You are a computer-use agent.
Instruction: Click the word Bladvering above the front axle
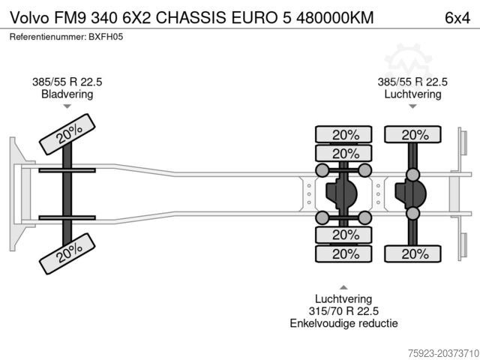pos(67,94)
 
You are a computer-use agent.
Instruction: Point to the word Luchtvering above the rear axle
pos(412,94)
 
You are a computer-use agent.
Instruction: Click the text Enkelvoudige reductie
pos(343,323)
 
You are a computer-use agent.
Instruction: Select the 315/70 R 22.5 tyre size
pos(343,311)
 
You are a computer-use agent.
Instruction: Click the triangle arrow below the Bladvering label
pos(67,107)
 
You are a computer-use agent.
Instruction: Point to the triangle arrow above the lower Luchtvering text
pos(343,286)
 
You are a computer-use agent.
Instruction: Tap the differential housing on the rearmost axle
pos(411,194)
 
